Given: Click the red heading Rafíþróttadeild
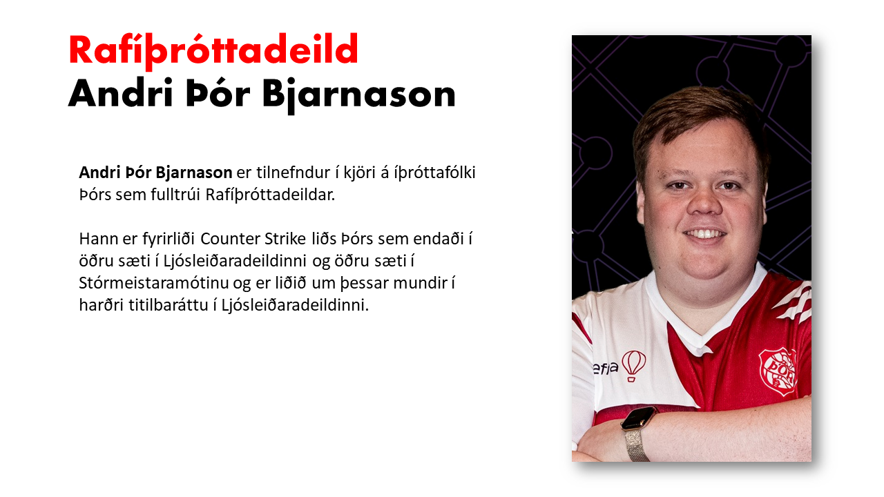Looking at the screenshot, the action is (x=213, y=50).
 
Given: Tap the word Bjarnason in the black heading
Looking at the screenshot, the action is (x=358, y=95).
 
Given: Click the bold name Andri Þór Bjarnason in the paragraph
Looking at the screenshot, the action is (x=155, y=173).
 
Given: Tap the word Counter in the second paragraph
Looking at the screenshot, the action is (x=231, y=239).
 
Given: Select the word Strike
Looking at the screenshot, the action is (x=285, y=239).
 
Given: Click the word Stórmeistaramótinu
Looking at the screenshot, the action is (x=154, y=283).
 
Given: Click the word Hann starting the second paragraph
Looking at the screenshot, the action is (x=99, y=239).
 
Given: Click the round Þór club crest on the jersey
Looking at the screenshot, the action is (x=778, y=371).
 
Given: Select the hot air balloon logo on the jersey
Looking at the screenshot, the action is (x=634, y=365).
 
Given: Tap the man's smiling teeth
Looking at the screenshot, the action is (x=705, y=234).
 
